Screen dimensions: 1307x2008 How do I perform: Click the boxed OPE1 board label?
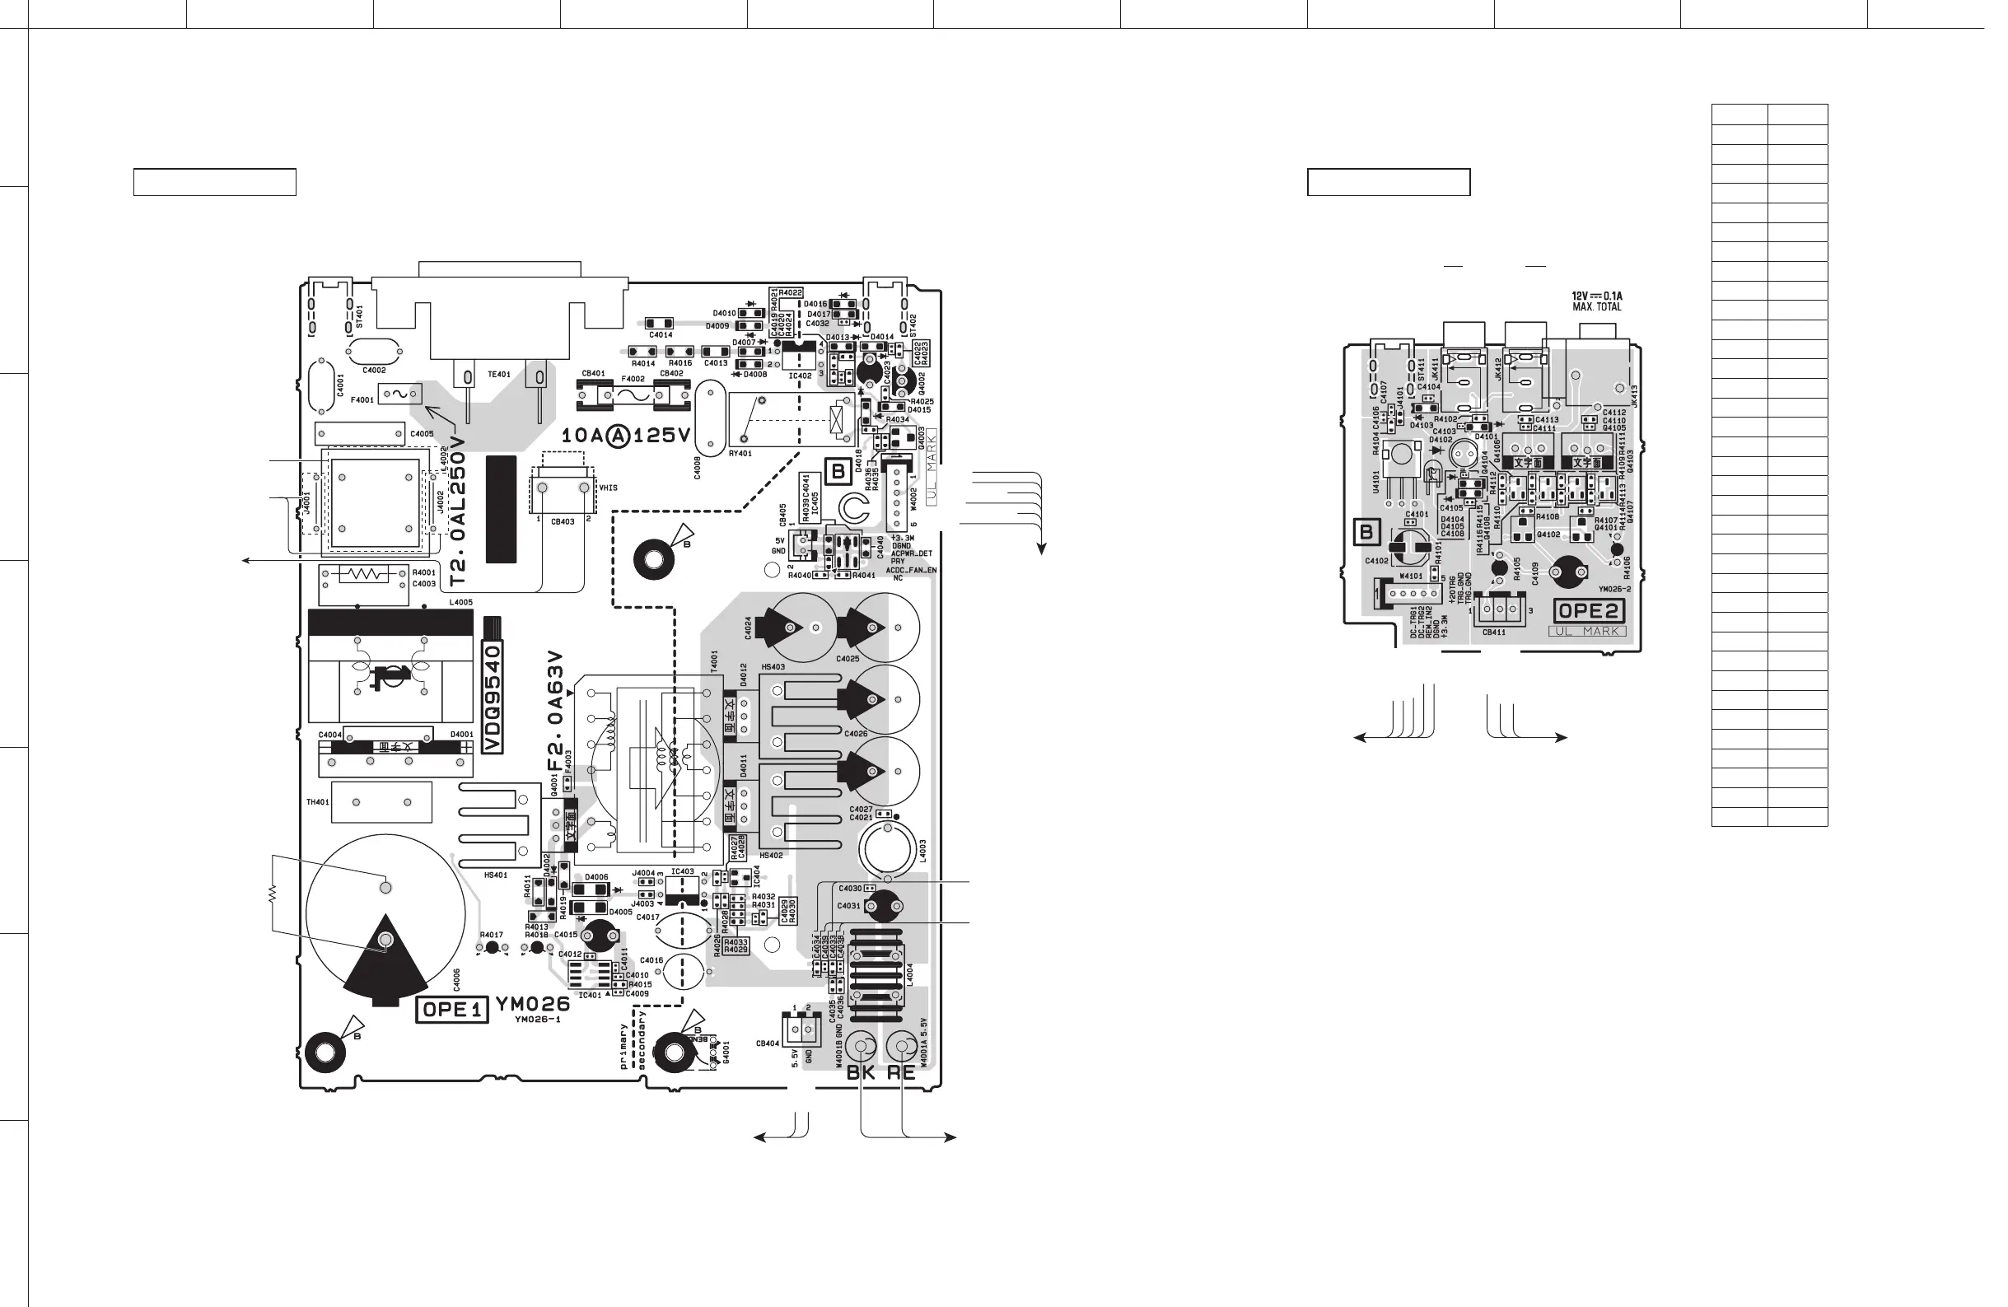point(452,1010)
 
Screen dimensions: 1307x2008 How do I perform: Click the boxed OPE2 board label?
point(1590,611)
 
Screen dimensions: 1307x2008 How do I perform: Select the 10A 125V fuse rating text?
point(626,436)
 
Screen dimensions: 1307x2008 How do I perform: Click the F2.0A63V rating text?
point(554,711)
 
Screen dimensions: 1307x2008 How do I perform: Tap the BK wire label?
point(861,1072)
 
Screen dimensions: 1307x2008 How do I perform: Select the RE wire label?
point(901,1072)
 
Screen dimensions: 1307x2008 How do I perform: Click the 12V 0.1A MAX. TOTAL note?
point(1596,301)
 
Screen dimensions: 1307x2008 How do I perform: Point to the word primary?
point(624,1047)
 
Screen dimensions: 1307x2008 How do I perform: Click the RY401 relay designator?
point(740,453)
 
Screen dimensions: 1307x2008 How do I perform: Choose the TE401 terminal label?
point(498,374)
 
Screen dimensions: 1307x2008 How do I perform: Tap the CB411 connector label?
point(1493,632)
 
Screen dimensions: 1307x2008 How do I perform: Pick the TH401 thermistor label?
point(317,801)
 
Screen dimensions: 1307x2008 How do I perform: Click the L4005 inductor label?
point(460,603)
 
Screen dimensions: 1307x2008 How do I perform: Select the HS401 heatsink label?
point(495,875)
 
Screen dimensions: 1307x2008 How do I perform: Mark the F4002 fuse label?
point(633,379)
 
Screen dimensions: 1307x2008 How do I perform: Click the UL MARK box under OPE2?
point(1587,631)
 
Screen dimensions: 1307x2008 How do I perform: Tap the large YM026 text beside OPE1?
point(532,1004)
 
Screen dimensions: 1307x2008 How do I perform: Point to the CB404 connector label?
point(767,1043)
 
